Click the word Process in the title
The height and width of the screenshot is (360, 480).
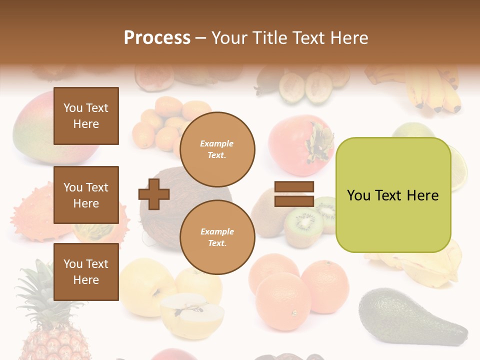tap(157, 38)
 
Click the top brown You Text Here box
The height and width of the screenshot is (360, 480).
tap(86, 116)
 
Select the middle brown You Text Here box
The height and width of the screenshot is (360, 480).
tap(86, 195)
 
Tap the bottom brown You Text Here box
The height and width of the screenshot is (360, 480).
tap(86, 272)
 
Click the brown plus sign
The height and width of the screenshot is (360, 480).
tap(154, 194)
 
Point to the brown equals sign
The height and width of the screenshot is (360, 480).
tap(294, 194)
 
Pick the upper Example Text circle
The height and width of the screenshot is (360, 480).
tap(217, 149)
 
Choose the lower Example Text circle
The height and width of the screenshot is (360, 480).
tap(217, 237)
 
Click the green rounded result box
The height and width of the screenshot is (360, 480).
tap(393, 195)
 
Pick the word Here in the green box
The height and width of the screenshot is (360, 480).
tap(422, 195)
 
